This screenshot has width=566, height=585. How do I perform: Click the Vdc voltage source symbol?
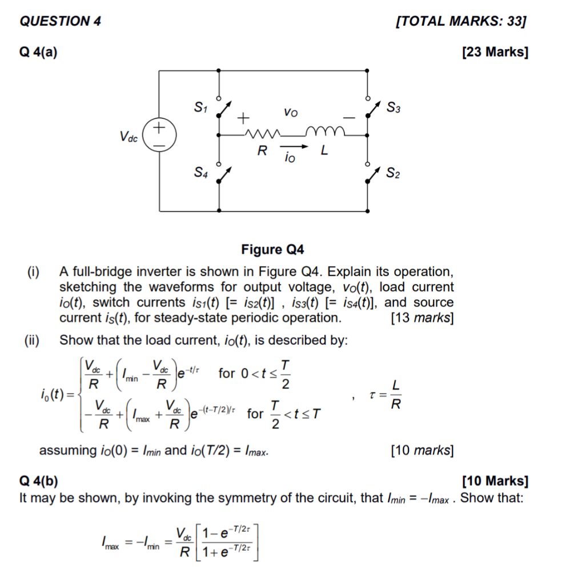click(159, 135)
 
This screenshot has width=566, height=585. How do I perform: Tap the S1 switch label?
click(200, 106)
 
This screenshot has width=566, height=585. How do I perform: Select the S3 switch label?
click(393, 107)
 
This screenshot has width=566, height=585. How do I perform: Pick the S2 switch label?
click(393, 173)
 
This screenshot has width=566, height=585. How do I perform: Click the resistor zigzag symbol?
click(262, 135)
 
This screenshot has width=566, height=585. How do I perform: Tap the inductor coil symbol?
click(325, 133)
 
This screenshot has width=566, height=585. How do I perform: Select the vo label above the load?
click(290, 113)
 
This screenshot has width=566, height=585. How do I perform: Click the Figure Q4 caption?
click(273, 250)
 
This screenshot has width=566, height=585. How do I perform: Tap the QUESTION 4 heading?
click(60, 22)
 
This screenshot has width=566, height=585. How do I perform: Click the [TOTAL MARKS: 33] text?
click(460, 22)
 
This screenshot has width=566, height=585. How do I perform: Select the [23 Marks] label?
click(495, 53)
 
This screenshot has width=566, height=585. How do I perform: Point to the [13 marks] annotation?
click(422, 318)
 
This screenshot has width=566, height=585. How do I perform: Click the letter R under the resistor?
click(262, 151)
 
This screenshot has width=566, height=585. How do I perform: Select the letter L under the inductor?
click(324, 151)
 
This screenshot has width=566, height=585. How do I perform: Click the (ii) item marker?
click(32, 341)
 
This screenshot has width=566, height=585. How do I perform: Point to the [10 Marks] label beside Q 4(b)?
click(495, 480)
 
